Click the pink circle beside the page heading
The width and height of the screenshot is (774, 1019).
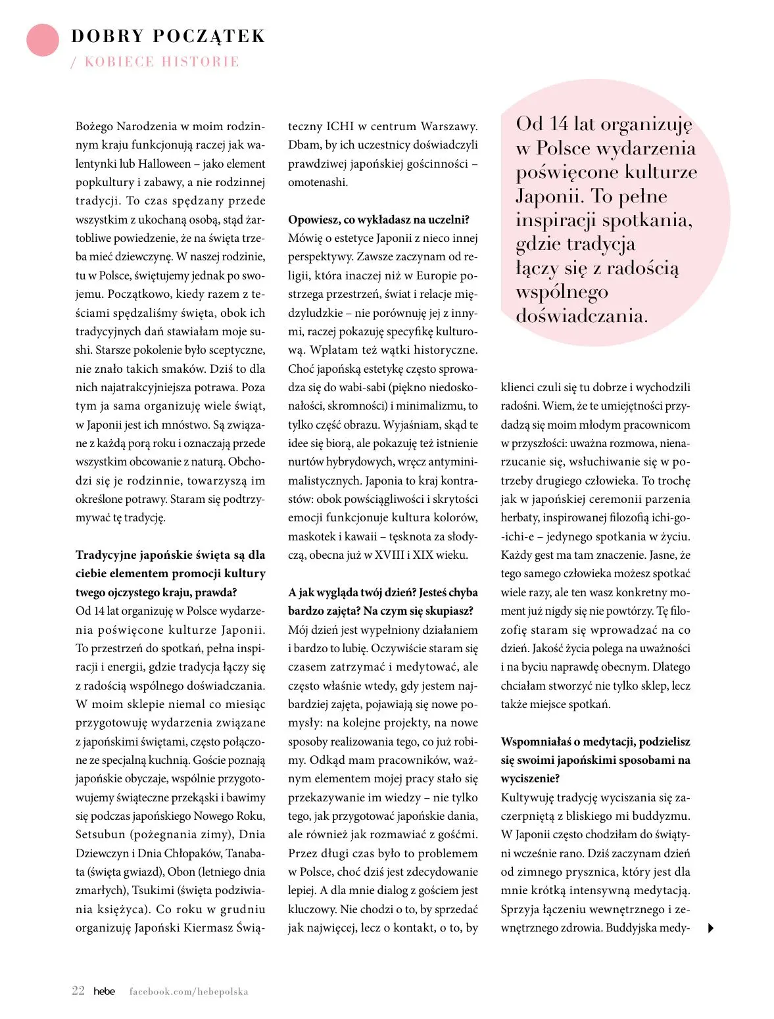click(x=43, y=40)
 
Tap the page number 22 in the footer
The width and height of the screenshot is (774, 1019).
click(x=78, y=991)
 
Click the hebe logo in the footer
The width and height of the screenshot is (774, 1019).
click(x=104, y=991)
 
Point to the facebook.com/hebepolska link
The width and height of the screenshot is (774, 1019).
click(x=189, y=991)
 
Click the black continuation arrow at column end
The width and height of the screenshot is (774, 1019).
click(x=710, y=928)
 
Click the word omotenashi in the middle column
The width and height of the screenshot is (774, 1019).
click(x=318, y=182)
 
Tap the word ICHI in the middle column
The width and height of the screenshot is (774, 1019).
click(x=340, y=126)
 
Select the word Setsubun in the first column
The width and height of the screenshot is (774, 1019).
click(x=100, y=834)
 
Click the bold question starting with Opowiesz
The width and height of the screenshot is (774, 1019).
click(x=379, y=220)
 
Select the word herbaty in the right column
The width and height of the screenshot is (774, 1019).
click(x=520, y=518)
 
